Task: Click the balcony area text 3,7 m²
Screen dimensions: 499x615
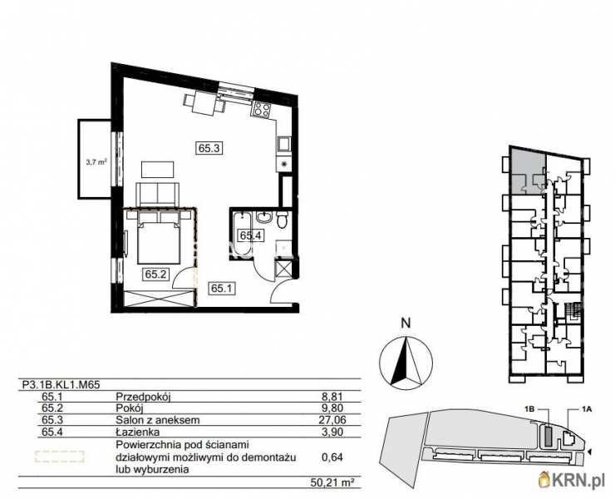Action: [x=96, y=163]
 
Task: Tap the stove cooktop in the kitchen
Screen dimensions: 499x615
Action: [x=262, y=108]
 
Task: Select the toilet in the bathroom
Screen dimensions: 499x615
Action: [x=283, y=221]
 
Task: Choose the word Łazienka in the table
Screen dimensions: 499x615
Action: [x=135, y=432]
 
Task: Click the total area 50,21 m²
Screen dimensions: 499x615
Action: [x=338, y=482]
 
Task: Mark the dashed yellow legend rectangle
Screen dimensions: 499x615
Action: [x=58, y=457]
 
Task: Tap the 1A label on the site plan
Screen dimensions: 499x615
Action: [x=586, y=409]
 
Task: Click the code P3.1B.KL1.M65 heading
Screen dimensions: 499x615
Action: [x=63, y=386]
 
